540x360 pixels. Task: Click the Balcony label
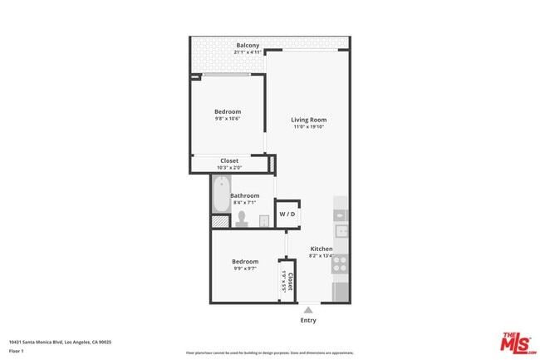248,46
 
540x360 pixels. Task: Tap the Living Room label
308,120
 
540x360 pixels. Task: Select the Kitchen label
322,249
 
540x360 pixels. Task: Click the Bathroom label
245,196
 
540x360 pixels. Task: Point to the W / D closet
287,215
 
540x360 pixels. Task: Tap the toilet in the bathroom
242,219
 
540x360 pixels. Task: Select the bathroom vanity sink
263,220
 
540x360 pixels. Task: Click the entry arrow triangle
308,311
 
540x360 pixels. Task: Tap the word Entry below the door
308,321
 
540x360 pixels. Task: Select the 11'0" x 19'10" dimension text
308,127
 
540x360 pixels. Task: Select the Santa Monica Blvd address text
60,342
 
